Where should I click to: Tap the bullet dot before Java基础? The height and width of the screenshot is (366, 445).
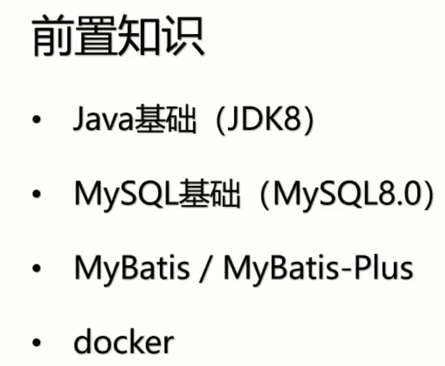tap(37, 122)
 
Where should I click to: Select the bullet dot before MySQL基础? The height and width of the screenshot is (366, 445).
tap(37, 195)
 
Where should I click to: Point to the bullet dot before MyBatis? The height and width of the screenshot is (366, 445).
tap(37, 268)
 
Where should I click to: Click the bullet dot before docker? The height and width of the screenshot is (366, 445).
tap(37, 342)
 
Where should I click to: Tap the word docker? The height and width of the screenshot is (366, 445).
tap(124, 341)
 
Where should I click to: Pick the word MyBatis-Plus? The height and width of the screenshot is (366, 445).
tap(319, 268)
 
